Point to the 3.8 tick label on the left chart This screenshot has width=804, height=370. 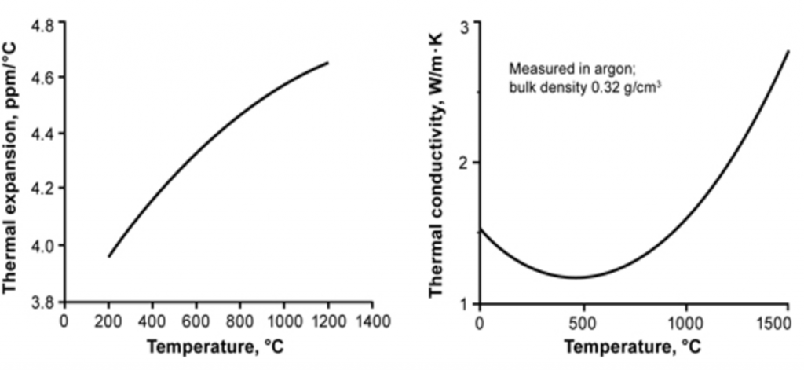(x=43, y=302)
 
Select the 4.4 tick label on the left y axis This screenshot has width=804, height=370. (x=43, y=134)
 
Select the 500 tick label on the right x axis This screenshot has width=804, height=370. (x=582, y=322)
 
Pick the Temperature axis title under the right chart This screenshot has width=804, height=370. (x=632, y=346)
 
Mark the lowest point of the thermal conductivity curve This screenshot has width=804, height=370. (x=577, y=277)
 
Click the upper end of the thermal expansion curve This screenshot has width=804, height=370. (x=327, y=62)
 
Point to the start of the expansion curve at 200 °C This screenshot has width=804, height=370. (x=109, y=256)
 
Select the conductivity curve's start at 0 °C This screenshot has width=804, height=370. (x=479, y=228)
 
